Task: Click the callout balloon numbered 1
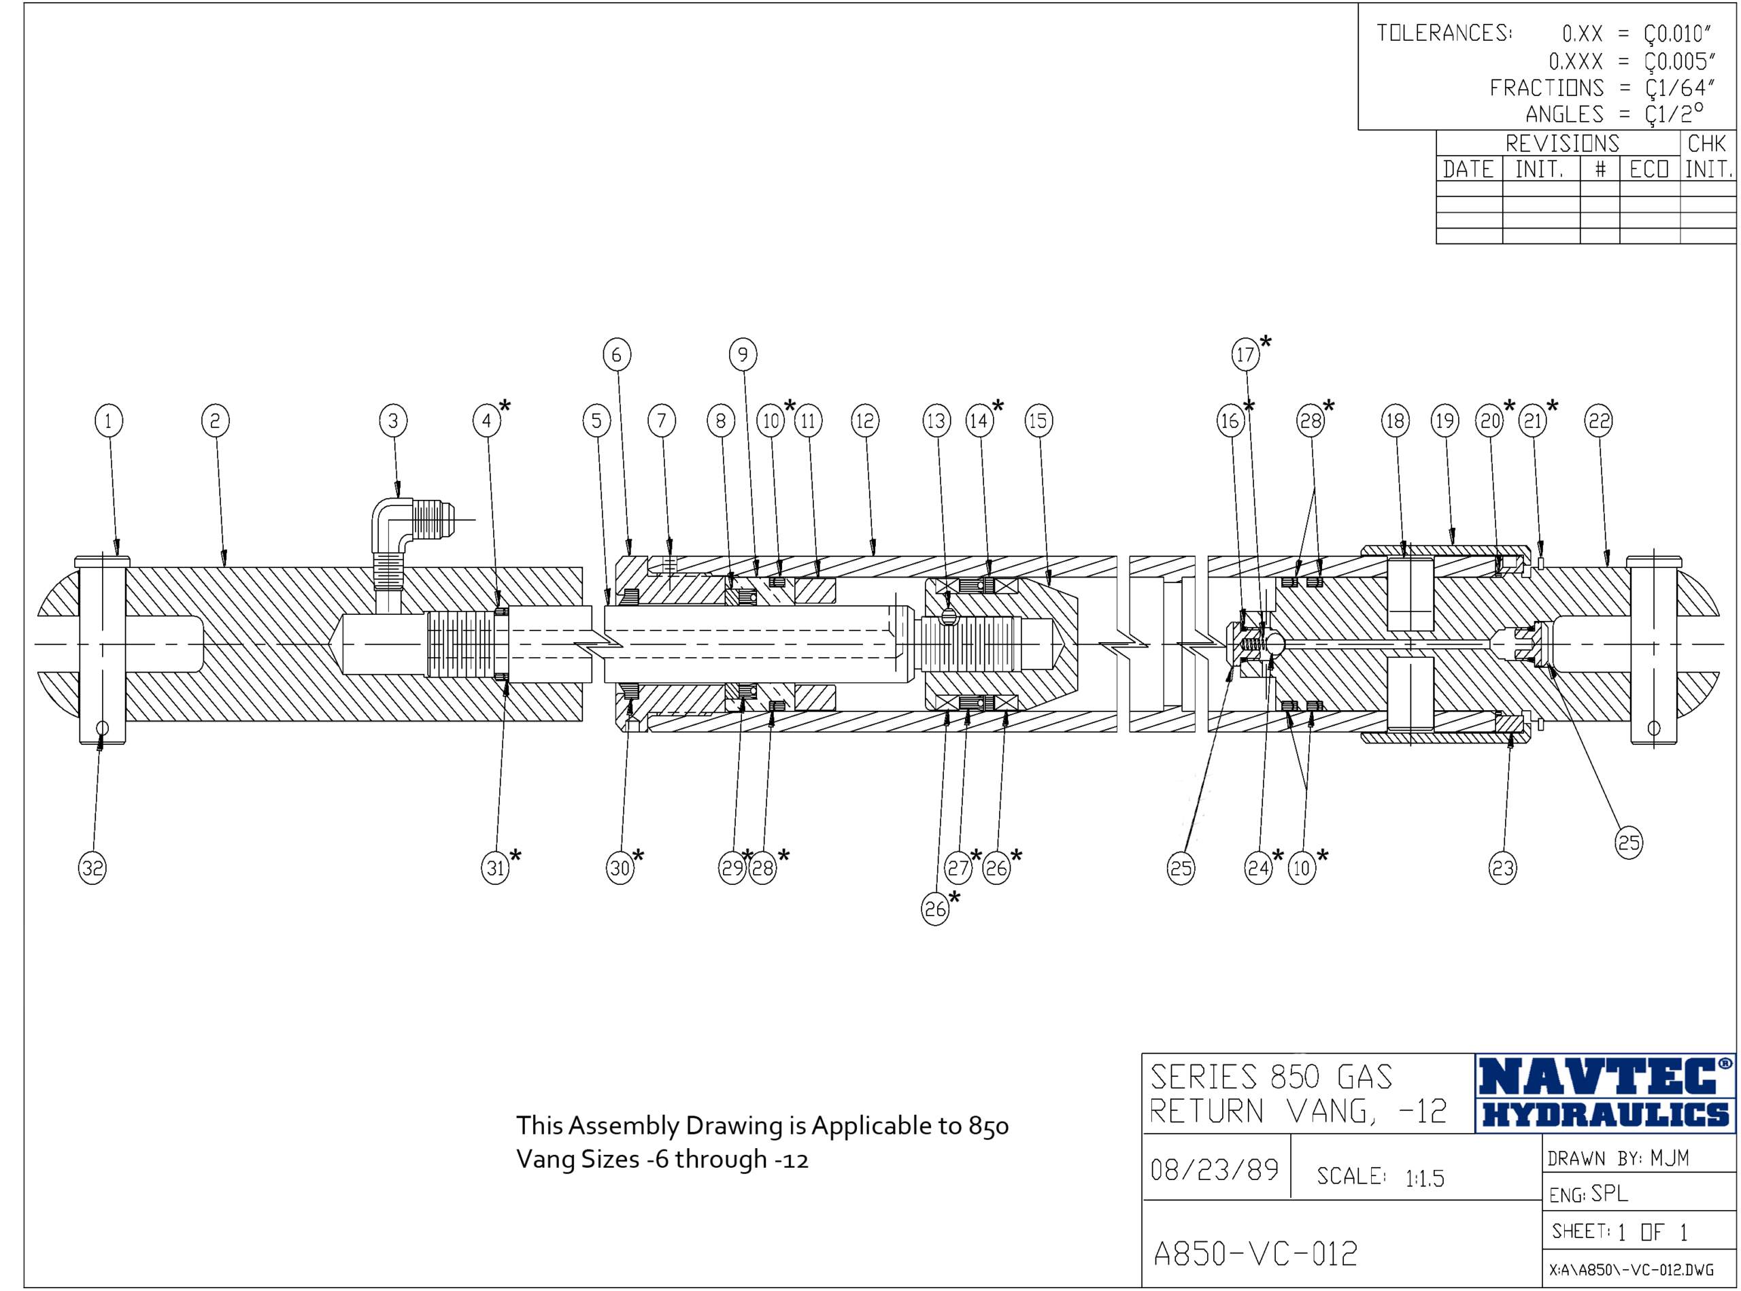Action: point(109,421)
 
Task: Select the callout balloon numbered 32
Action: point(92,867)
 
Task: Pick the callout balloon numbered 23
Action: point(1503,867)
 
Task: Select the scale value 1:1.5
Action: point(1425,1177)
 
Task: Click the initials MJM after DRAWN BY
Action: point(1670,1158)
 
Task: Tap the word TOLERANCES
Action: point(1443,33)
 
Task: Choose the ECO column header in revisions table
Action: point(1649,169)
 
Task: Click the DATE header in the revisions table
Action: point(1468,169)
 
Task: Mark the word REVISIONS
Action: point(1562,144)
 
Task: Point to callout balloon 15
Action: point(1038,421)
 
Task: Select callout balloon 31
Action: point(495,867)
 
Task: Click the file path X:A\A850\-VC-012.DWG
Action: point(1632,1270)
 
